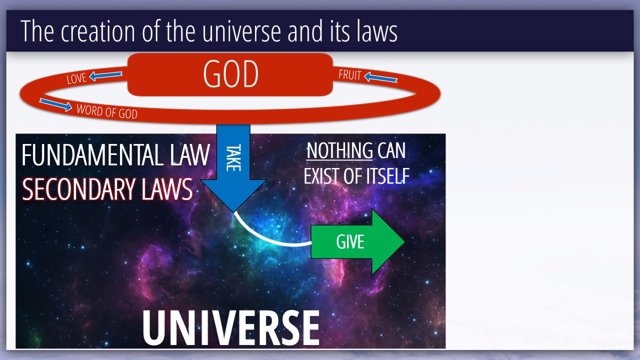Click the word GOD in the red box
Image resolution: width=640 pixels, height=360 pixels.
click(231, 73)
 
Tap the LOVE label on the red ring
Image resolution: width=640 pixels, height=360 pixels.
click(76, 78)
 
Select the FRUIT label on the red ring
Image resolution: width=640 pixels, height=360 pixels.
click(350, 75)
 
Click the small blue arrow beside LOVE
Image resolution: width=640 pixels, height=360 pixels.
click(105, 75)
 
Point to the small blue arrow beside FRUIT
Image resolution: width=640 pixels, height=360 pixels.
click(381, 77)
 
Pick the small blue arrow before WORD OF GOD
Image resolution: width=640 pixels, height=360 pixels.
click(55, 104)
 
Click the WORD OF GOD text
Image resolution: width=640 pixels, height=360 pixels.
click(107, 111)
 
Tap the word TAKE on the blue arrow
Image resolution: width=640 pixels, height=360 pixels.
click(233, 157)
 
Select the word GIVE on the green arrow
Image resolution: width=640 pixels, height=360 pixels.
click(350, 242)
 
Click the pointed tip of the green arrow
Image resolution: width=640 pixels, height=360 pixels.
click(404, 241)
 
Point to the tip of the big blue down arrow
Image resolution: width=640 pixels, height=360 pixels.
click(234, 212)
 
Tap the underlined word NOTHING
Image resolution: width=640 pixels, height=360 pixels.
click(339, 150)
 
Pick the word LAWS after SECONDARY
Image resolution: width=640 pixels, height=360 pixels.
click(167, 189)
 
